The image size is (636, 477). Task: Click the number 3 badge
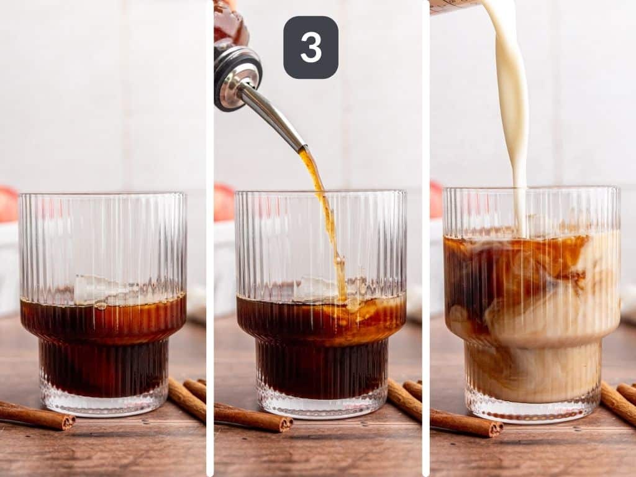click(311, 47)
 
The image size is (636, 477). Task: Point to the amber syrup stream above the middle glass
click(324, 205)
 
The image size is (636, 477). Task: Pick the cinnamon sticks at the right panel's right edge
click(621, 401)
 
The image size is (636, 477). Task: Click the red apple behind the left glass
click(8, 204)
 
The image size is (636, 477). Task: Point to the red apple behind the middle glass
click(224, 202)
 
